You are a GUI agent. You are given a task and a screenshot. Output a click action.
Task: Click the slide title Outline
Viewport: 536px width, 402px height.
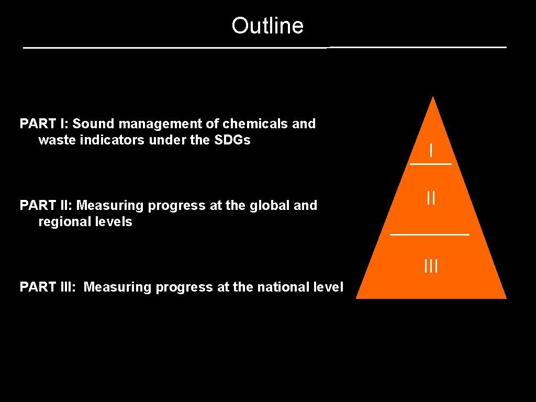[x=267, y=26]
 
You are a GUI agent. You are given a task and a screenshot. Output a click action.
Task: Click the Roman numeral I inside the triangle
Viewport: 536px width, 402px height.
[x=431, y=151]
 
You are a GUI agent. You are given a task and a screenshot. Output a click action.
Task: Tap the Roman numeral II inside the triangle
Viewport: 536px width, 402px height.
[x=431, y=198]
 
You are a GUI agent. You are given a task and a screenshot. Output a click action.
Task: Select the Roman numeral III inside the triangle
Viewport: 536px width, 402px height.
[x=431, y=266]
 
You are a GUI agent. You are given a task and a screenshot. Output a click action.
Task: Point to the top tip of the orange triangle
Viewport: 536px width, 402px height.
[x=433, y=97]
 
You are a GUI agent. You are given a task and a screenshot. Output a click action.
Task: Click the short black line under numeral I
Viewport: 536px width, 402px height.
[x=431, y=164]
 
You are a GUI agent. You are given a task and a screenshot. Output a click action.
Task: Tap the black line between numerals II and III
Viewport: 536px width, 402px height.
[x=430, y=234]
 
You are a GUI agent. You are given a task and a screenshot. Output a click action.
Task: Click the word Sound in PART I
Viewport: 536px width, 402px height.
[x=94, y=124]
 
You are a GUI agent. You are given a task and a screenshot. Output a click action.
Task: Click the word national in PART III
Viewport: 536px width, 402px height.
[x=284, y=287]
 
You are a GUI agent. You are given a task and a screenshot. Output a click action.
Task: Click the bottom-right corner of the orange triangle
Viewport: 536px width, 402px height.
[x=505, y=297]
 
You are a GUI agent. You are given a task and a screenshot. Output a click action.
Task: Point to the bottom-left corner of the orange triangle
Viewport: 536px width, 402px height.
[x=358, y=297]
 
